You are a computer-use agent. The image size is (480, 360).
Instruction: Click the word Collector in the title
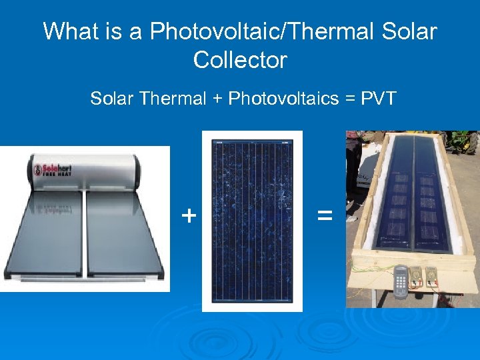click(x=240, y=60)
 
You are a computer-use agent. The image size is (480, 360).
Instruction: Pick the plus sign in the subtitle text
click(x=217, y=100)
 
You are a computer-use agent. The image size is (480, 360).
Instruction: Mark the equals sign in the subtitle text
click(x=349, y=100)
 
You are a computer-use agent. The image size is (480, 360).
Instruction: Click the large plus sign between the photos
click(x=189, y=215)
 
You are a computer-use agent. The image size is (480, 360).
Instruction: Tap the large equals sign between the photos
click(x=325, y=215)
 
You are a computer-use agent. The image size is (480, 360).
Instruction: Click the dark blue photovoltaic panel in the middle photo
click(x=252, y=220)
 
